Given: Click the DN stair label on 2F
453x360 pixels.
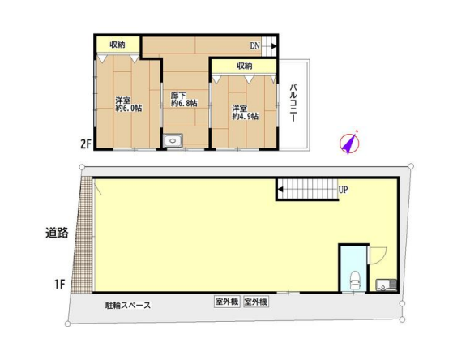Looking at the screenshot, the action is point(254,45).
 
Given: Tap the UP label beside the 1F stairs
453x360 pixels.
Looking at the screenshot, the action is point(343,190).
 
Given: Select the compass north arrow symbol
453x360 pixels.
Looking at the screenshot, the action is point(349,143).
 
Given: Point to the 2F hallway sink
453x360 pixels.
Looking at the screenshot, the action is point(173,141).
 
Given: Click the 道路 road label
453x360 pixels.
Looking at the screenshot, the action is point(57,233).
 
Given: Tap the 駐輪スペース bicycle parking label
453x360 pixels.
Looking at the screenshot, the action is point(128,306).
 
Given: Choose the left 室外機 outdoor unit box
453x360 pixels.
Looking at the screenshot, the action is point(227,302).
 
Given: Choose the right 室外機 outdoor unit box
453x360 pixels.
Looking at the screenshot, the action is point(256,302).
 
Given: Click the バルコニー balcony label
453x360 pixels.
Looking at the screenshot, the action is point(294,103).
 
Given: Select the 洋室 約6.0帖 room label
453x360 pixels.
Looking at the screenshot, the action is point(129,105).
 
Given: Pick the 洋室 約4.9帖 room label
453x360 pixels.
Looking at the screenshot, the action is point(246,113).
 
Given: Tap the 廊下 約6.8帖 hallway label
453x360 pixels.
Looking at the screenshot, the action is point(184,99).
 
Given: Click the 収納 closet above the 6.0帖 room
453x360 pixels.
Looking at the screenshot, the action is point(118,45).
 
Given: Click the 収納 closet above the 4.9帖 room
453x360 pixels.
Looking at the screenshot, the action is point(244,66).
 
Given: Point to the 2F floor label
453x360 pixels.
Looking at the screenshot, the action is point(86,144).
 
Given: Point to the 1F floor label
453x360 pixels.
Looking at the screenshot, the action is point(59,285).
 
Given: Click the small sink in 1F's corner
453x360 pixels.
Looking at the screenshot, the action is point(386,285).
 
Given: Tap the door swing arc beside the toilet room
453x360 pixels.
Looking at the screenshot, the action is point(379,255).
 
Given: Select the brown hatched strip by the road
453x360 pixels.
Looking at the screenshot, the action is point(82,235).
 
